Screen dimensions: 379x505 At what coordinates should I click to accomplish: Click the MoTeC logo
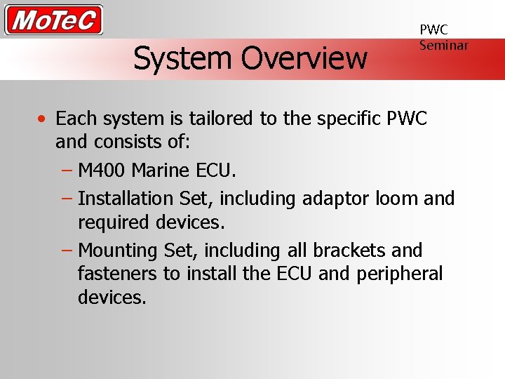coord(54,20)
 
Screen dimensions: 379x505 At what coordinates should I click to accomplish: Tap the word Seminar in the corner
coord(443,45)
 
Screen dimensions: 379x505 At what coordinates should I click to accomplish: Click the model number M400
coord(102,171)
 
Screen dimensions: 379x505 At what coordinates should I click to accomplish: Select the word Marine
coord(160,171)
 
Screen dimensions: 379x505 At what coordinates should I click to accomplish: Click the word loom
coord(397,199)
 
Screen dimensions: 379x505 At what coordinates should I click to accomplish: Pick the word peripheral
coord(400,274)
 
